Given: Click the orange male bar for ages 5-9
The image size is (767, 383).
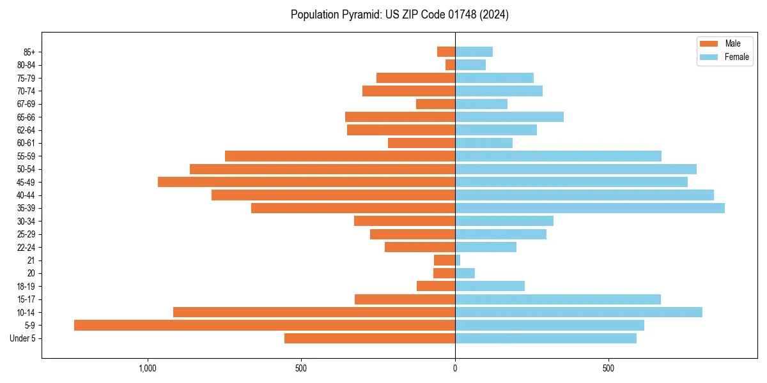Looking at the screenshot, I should pyautogui.click(x=265, y=325).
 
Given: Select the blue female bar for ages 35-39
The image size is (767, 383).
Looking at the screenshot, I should pyautogui.click(x=590, y=208).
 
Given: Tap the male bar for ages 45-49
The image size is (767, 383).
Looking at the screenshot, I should pyautogui.click(x=307, y=182).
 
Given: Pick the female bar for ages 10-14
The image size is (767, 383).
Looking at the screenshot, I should pyautogui.click(x=578, y=312).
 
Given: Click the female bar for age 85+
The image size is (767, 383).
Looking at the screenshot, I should pyautogui.click(x=474, y=52).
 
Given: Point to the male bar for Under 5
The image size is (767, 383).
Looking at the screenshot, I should pyautogui.click(x=369, y=338).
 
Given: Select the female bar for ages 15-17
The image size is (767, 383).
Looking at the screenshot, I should pyautogui.click(x=558, y=299).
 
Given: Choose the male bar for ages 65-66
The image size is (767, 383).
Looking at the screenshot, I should pyautogui.click(x=400, y=117).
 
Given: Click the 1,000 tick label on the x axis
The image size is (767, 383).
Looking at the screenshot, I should pyautogui.click(x=148, y=368).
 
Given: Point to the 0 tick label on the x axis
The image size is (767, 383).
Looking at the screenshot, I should pyautogui.click(x=455, y=368).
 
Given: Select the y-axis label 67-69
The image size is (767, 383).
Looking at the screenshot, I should pyautogui.click(x=26, y=104).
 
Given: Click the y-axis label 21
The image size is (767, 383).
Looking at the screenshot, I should pyautogui.click(x=31, y=260).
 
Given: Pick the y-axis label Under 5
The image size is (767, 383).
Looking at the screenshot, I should pyautogui.click(x=23, y=338).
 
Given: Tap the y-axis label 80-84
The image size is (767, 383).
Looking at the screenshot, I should pyautogui.click(x=26, y=65).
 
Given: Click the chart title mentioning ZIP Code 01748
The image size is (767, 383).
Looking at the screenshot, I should pyautogui.click(x=399, y=15).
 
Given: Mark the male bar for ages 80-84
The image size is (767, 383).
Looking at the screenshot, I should pyautogui.click(x=451, y=64).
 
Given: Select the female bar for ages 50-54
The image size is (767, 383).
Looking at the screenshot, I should pyautogui.click(x=576, y=169).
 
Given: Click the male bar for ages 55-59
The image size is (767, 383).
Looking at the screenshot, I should pyautogui.click(x=340, y=156).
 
